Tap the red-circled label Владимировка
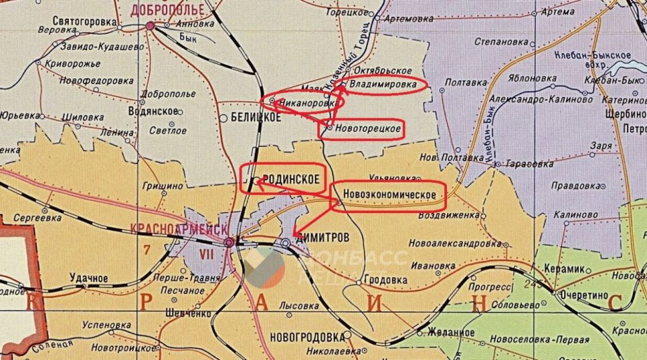point(382,86)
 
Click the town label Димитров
point(323,239)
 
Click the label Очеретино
point(583,295)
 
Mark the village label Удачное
point(89,278)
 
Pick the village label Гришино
point(162,185)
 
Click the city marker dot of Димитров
point(286,243)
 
